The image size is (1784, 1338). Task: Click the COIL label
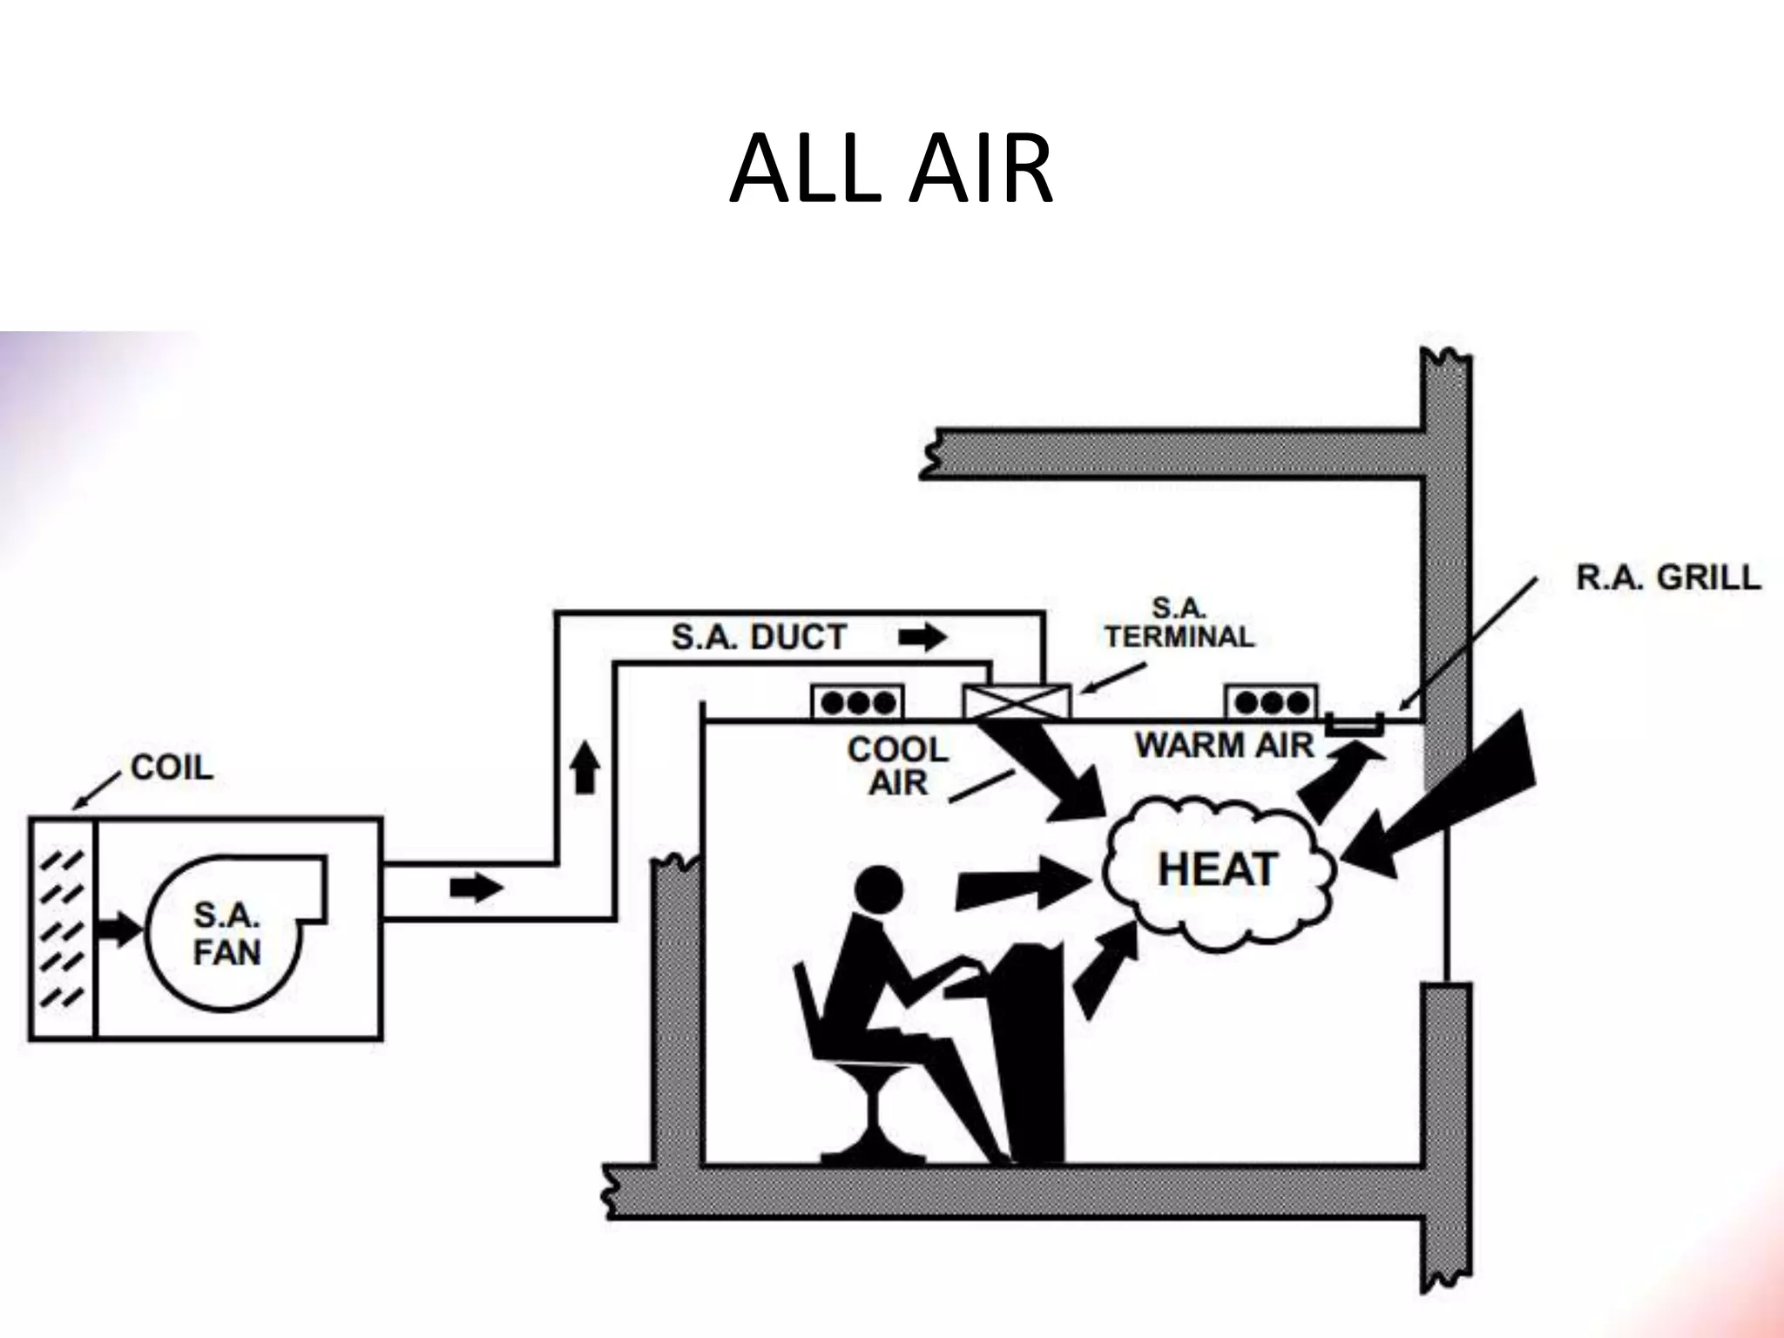pos(172,767)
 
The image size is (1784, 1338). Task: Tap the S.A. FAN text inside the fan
pos(226,934)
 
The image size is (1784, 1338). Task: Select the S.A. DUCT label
pos(759,637)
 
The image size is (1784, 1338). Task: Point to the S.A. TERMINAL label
pos(1179,623)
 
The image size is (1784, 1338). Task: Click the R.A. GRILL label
pos(1668,578)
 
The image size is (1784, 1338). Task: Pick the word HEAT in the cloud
pos(1218,869)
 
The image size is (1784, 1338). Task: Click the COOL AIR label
pos(898,766)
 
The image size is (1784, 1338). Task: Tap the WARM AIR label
pos(1224,746)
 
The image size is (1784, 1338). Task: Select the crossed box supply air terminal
pos(1016,701)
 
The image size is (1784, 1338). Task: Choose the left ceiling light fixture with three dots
pos(858,702)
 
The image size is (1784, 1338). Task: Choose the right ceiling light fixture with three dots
pos(1272,702)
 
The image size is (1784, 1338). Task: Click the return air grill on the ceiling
pos(1355,723)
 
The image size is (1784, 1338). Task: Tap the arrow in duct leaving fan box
pos(476,889)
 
